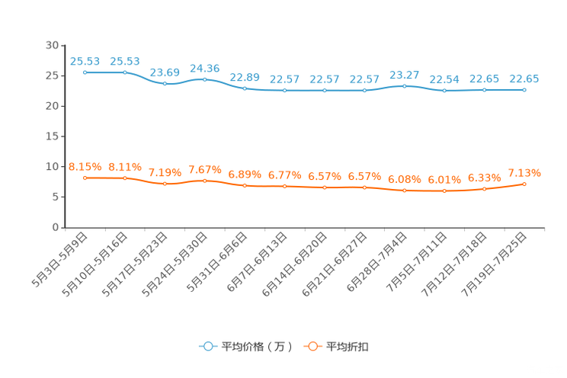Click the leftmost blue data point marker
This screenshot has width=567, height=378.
(x=85, y=72)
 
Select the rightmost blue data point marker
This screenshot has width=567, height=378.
(x=524, y=89)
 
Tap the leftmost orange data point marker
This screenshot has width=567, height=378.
(x=85, y=177)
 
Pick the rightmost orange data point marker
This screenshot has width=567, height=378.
(x=524, y=184)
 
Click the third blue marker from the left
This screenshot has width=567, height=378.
(x=165, y=82)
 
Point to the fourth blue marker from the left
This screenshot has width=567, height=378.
(x=204, y=78)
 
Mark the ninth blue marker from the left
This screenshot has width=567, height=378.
(x=404, y=85)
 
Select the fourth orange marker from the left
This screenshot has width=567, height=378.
(x=204, y=180)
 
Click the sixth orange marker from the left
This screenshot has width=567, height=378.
(x=284, y=185)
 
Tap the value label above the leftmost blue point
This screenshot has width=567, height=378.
(x=85, y=60)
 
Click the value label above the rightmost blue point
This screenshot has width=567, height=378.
(x=524, y=78)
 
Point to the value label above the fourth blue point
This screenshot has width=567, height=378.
(x=204, y=68)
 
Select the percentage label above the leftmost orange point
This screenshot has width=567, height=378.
(x=85, y=166)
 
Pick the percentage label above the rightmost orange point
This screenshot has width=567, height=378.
(x=524, y=172)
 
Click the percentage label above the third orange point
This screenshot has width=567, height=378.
(x=165, y=171)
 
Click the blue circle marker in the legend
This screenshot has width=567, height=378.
(x=207, y=346)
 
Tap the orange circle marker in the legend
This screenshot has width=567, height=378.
(x=312, y=346)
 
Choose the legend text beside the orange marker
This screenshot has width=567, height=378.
(x=348, y=347)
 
